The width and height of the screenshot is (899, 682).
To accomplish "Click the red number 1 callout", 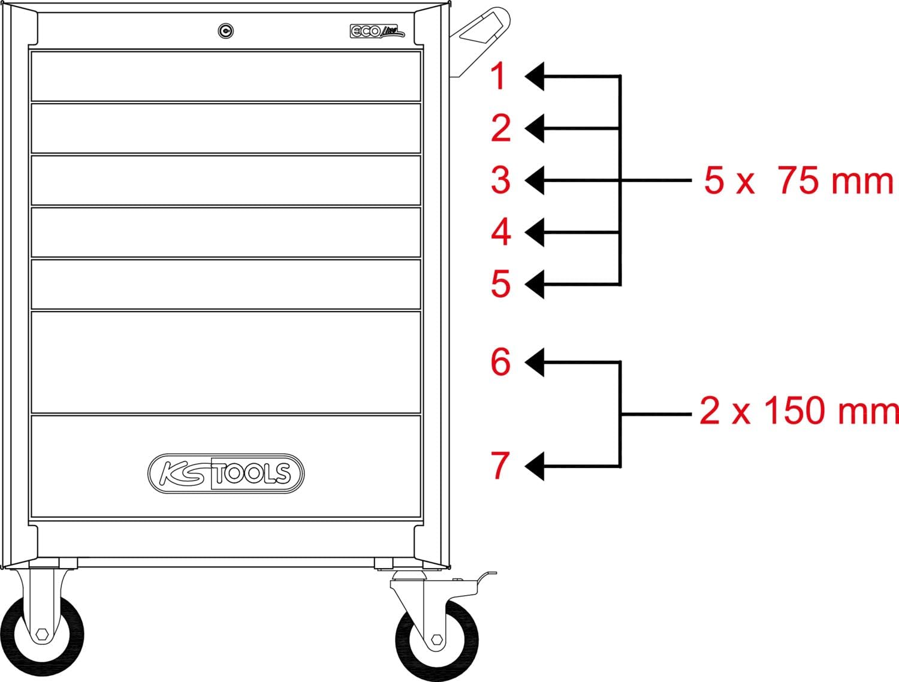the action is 499,76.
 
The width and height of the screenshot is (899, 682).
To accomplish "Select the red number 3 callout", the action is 500,180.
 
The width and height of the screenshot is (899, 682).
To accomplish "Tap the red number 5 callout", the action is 500,283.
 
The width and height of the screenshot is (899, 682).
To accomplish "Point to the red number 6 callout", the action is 500,361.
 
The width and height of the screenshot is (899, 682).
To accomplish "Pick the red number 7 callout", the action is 500,465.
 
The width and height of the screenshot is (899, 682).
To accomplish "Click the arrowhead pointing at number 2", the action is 535,128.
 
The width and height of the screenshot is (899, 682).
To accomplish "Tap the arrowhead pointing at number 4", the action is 535,232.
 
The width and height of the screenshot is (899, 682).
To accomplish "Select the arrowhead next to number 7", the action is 535,466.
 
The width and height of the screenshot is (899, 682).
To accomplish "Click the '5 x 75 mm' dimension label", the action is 798,180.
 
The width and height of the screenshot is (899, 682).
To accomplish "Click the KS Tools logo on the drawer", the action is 226,473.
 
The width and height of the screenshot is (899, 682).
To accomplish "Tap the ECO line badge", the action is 377,31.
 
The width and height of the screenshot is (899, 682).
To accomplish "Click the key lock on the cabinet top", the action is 225,31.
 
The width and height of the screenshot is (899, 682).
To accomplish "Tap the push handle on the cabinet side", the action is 480,41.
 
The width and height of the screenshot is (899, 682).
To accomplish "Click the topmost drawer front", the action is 226,76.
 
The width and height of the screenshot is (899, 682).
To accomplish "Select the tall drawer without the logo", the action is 226,362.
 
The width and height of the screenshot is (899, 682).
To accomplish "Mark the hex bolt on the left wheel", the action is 42,635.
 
